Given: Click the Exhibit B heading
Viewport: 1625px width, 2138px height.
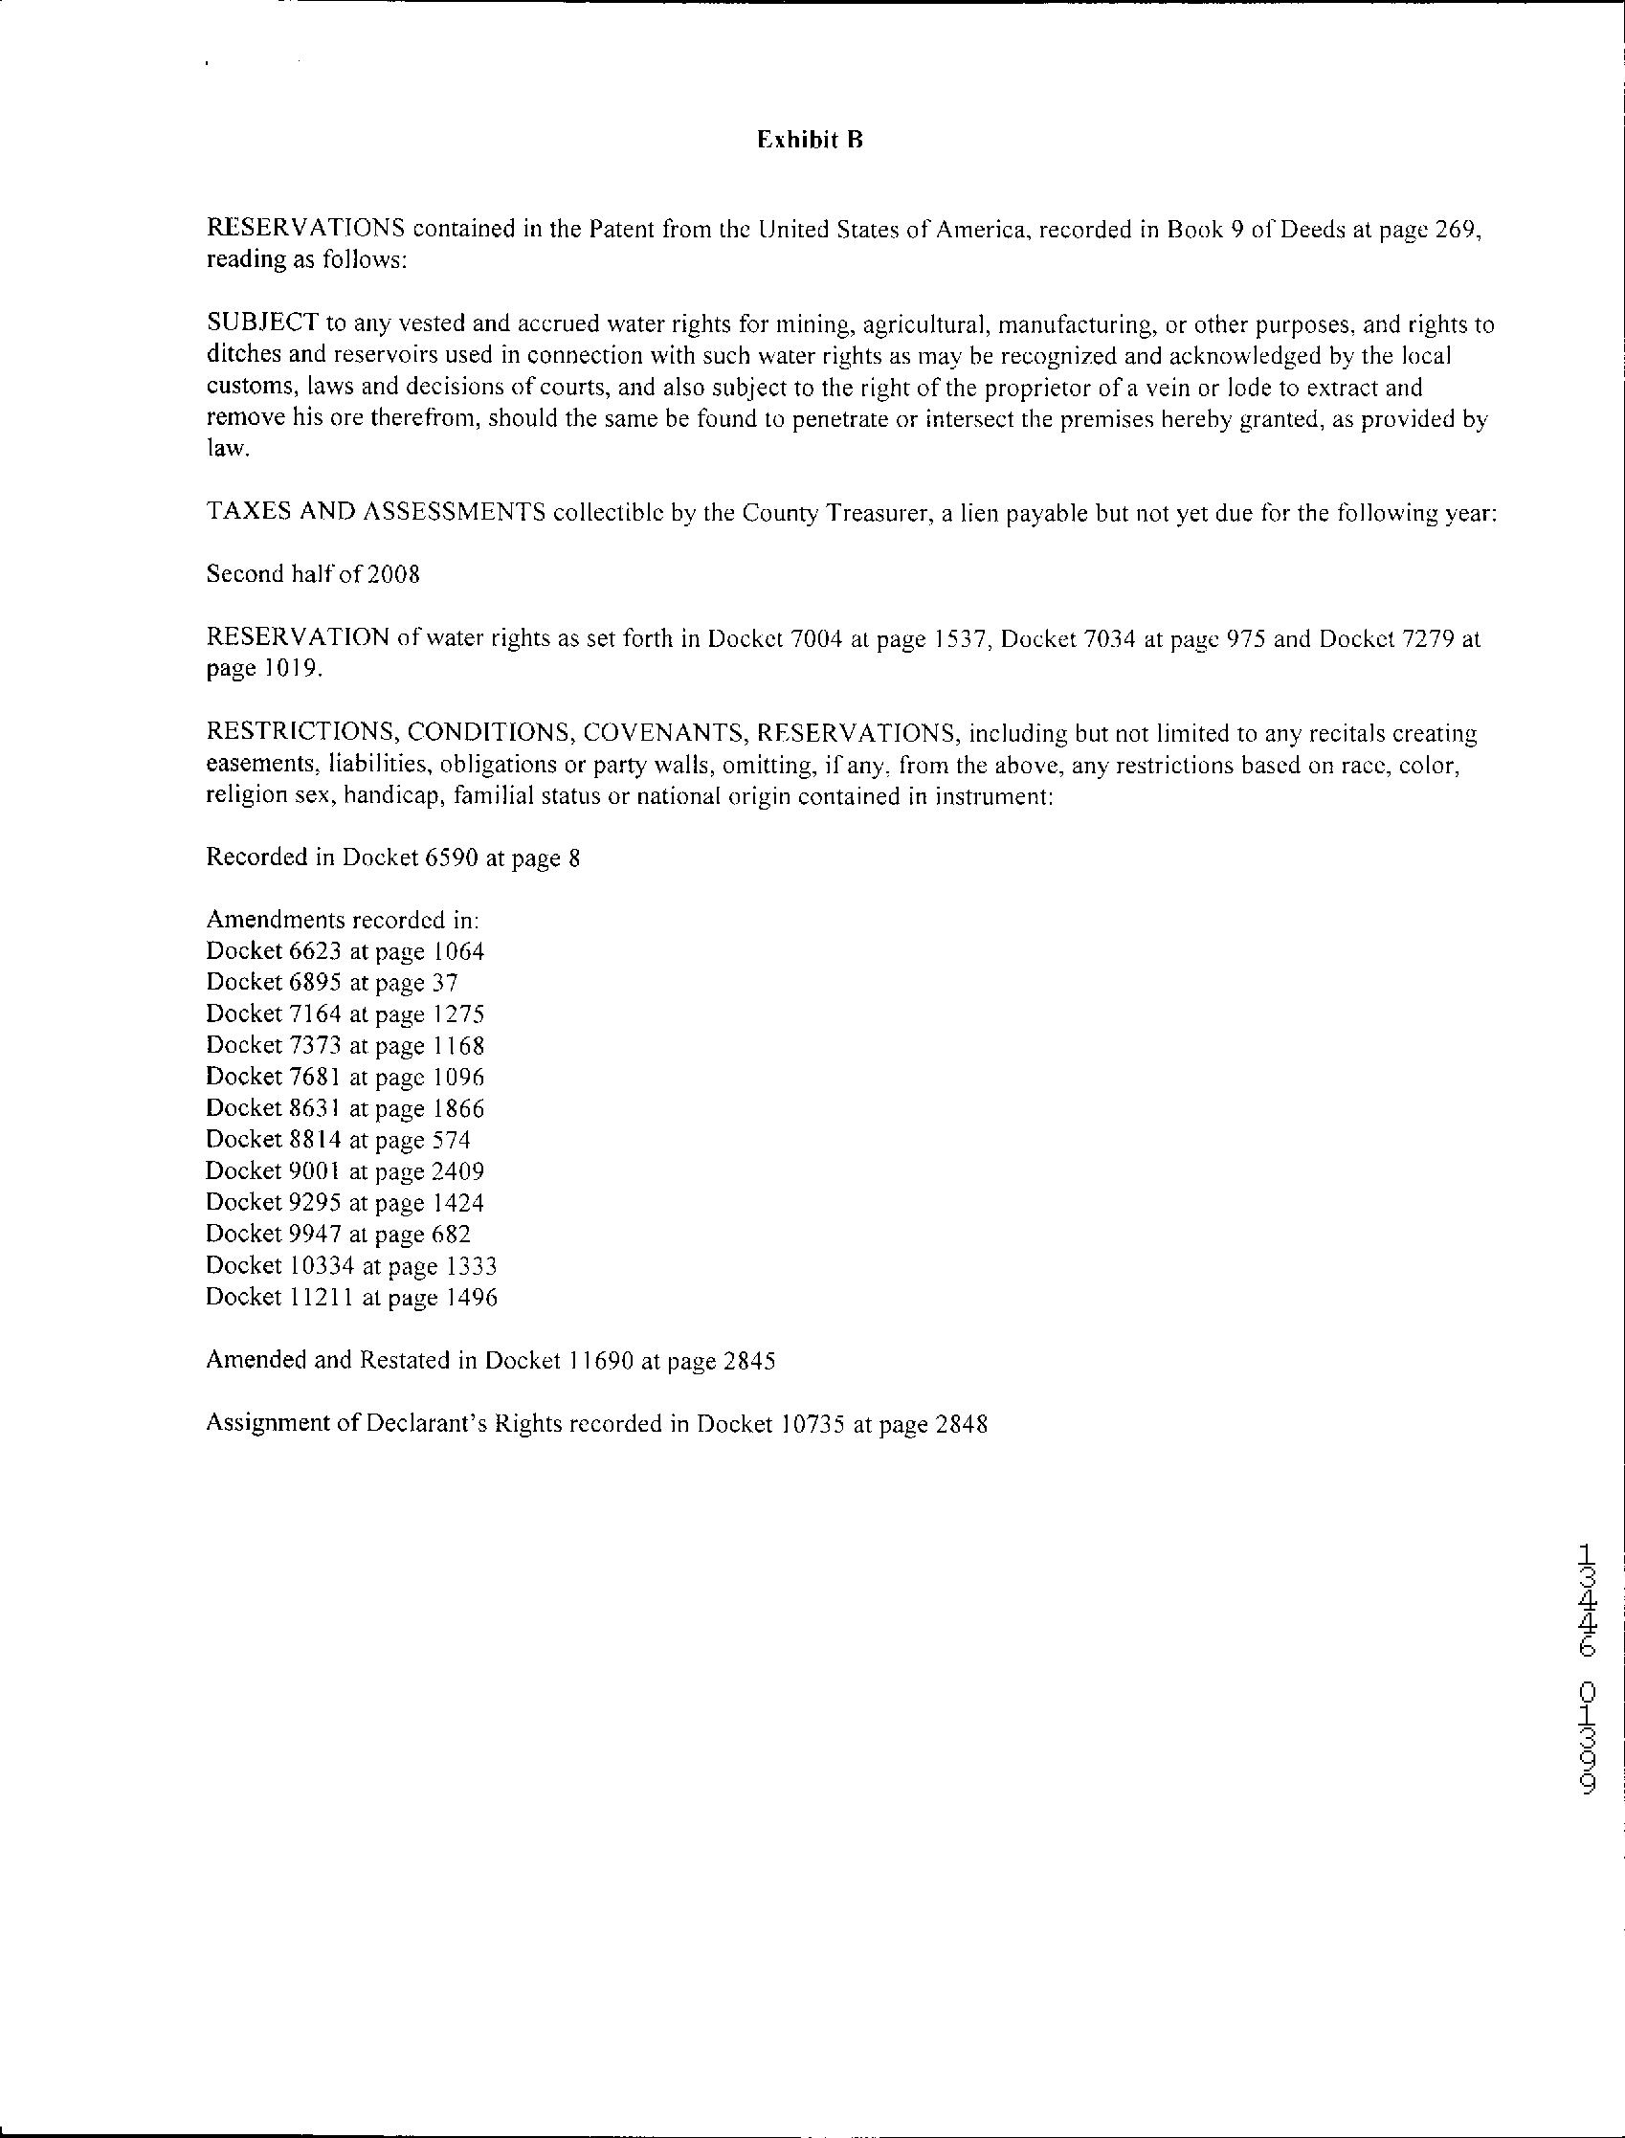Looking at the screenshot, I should click(809, 141).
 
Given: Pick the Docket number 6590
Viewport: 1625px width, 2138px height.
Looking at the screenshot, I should click(451, 858).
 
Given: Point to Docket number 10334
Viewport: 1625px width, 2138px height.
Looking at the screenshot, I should click(323, 1265).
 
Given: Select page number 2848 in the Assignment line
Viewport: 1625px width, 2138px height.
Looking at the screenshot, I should click(962, 1424).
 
